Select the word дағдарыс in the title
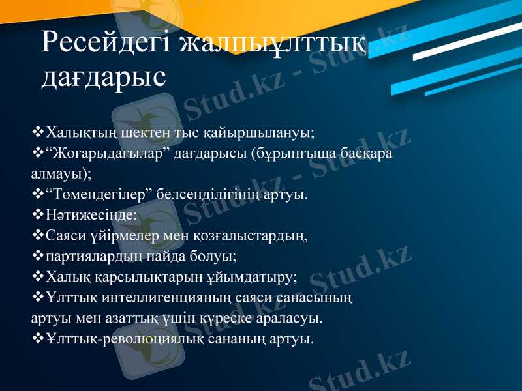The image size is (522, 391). tap(103, 77)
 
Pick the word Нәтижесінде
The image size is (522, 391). tap(88, 214)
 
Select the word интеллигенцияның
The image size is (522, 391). tap(172, 298)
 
